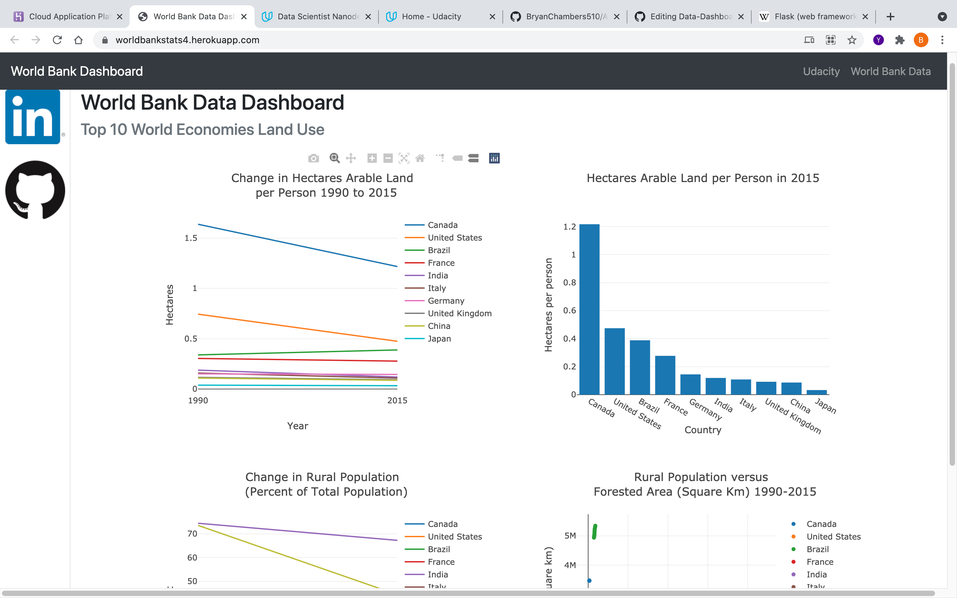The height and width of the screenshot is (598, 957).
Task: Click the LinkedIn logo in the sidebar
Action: tap(33, 117)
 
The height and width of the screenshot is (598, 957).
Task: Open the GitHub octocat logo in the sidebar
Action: tap(35, 190)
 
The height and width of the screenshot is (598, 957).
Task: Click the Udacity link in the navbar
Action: tap(821, 71)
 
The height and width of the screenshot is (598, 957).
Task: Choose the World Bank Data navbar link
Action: tap(891, 71)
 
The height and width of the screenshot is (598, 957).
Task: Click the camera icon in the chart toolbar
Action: tap(313, 158)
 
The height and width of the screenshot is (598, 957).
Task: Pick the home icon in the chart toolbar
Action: tap(420, 158)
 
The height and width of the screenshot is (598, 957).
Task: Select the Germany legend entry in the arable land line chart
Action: tap(446, 301)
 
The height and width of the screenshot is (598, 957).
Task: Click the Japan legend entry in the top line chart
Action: tap(439, 339)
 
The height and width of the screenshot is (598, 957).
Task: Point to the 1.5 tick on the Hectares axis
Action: tap(191, 238)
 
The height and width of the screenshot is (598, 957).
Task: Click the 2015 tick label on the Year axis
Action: tap(397, 400)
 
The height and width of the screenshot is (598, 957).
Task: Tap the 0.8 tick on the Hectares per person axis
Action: tap(570, 282)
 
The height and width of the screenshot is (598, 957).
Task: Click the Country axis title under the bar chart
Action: tap(703, 430)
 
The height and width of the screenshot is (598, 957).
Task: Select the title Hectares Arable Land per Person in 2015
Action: tap(703, 178)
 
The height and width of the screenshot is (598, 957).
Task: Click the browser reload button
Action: tap(57, 40)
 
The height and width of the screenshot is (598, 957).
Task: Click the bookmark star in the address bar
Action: tap(852, 40)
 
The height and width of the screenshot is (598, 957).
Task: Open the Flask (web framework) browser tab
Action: tap(815, 17)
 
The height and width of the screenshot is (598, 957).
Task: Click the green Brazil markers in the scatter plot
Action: tap(594, 532)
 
